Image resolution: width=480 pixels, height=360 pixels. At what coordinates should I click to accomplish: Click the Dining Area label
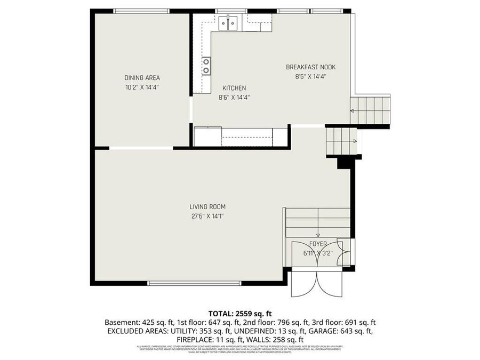142,77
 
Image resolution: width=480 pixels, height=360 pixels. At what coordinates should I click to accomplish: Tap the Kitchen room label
234,88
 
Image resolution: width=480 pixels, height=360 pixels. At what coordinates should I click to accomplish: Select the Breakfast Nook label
310,67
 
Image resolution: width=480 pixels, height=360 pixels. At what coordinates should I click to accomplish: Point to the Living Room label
207,207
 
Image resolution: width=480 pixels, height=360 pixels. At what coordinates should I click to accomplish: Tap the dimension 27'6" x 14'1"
207,216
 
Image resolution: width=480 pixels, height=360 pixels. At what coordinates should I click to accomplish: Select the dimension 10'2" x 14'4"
142,87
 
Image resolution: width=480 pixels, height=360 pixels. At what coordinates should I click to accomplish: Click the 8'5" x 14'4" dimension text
310,76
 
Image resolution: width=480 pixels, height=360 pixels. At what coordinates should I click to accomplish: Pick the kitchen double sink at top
228,23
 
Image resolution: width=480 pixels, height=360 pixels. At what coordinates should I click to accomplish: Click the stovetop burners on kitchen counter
206,67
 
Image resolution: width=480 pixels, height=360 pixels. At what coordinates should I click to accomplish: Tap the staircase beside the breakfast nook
370,110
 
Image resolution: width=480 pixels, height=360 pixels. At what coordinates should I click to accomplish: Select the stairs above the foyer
318,222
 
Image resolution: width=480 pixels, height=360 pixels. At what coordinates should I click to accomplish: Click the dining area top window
141,11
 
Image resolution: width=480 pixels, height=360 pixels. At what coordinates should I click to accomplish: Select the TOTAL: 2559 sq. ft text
239,313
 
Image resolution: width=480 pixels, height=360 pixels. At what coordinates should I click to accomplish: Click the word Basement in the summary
122,322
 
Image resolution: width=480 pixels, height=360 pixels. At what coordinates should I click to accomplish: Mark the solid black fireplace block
345,163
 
